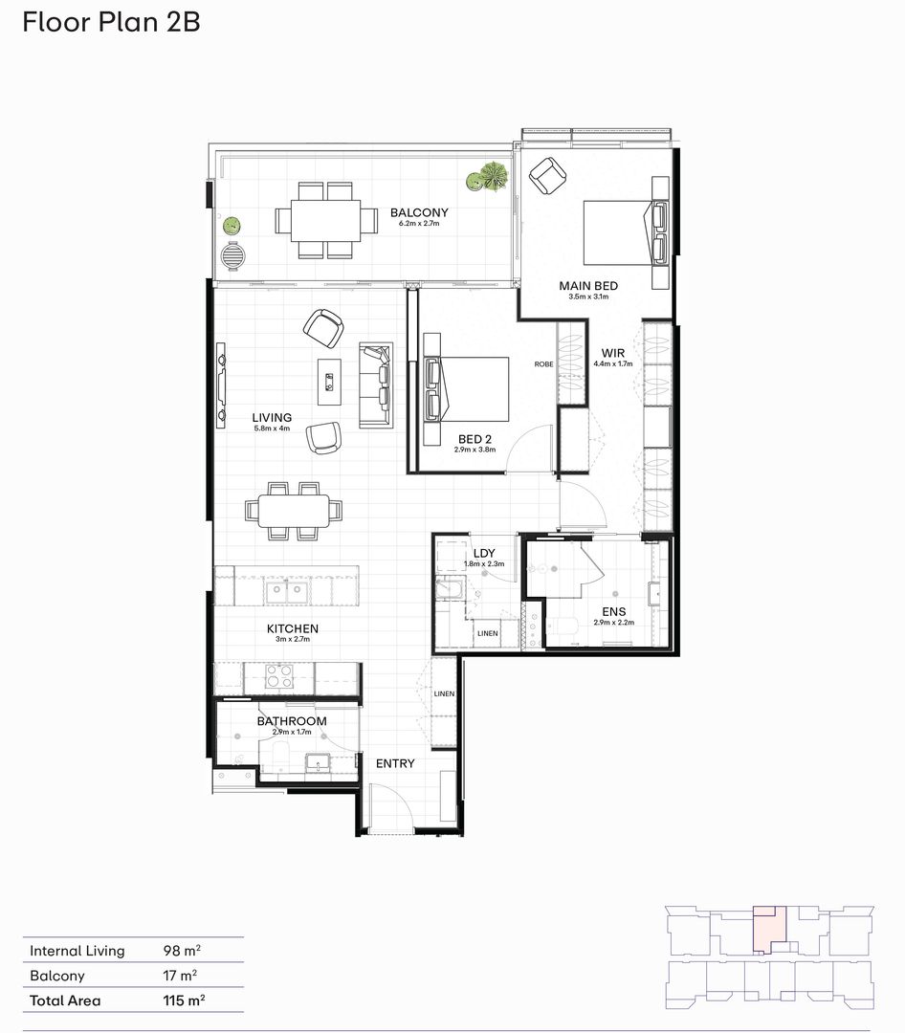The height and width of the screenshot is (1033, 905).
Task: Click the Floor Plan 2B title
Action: coord(111,22)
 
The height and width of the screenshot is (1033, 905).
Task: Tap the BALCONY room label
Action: coord(418,213)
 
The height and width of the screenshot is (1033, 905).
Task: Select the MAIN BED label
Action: coord(588,286)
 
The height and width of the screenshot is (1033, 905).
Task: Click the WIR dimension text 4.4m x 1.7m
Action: coord(613,364)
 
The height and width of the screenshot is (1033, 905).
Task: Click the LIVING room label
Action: coord(272,418)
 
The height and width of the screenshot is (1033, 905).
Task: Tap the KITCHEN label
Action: coord(292,628)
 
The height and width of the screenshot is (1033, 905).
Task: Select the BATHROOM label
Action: coord(291,721)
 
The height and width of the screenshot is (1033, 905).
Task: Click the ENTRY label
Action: coord(394,763)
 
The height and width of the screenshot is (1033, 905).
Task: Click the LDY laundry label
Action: coord(482,554)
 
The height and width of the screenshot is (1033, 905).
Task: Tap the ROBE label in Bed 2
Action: coord(543,364)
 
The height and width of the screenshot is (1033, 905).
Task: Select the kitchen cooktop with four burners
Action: coord(276,677)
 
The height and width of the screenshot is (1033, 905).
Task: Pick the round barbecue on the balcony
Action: coord(232,256)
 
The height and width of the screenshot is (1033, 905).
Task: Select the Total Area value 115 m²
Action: coord(185,1000)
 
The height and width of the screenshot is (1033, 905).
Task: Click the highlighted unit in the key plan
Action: coord(769,926)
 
